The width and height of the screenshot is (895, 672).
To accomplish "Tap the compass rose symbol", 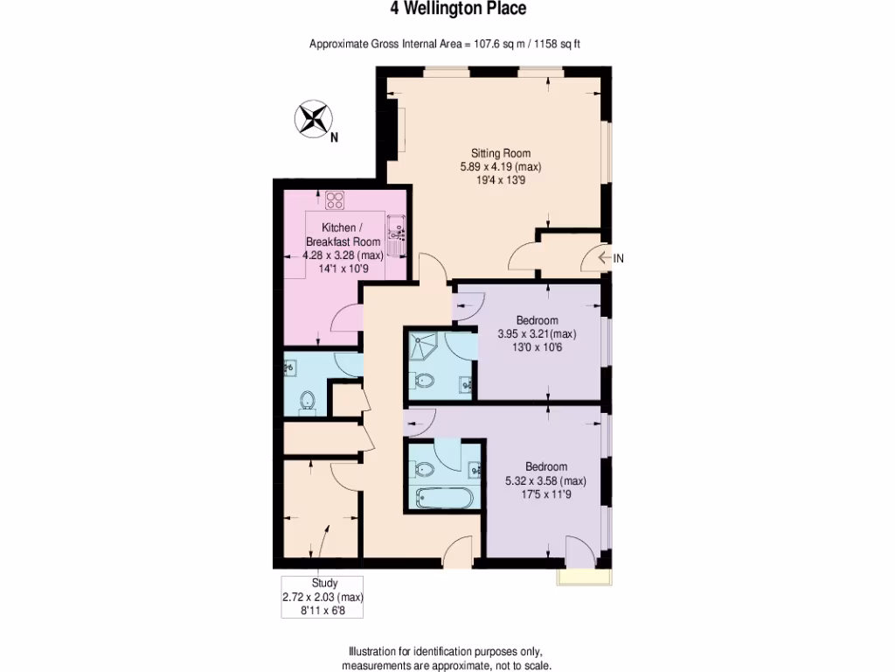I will point(314,119).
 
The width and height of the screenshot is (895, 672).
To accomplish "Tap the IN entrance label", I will point(619,258).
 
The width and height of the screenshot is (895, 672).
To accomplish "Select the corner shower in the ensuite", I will point(424,346).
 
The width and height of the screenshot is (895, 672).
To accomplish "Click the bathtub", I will point(445,500).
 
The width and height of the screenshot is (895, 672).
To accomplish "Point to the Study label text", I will point(324,583).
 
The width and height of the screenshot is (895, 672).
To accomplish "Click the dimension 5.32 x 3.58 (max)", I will point(545,481).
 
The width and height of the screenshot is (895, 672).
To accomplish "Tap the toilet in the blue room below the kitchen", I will point(307,401).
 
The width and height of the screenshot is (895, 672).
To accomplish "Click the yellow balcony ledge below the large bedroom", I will point(583,577).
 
